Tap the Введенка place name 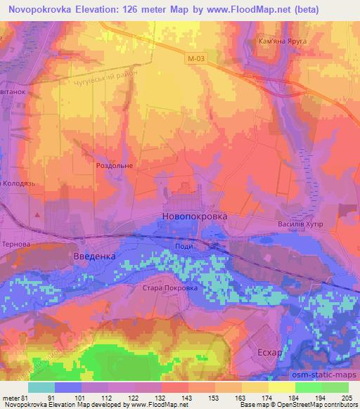coord(94,257)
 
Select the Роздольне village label coord(114,166)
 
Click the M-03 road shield coord(197,61)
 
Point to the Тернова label coord(16,243)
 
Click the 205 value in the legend coord(347,397)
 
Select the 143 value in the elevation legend coord(187,397)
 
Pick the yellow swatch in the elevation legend coord(281,387)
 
